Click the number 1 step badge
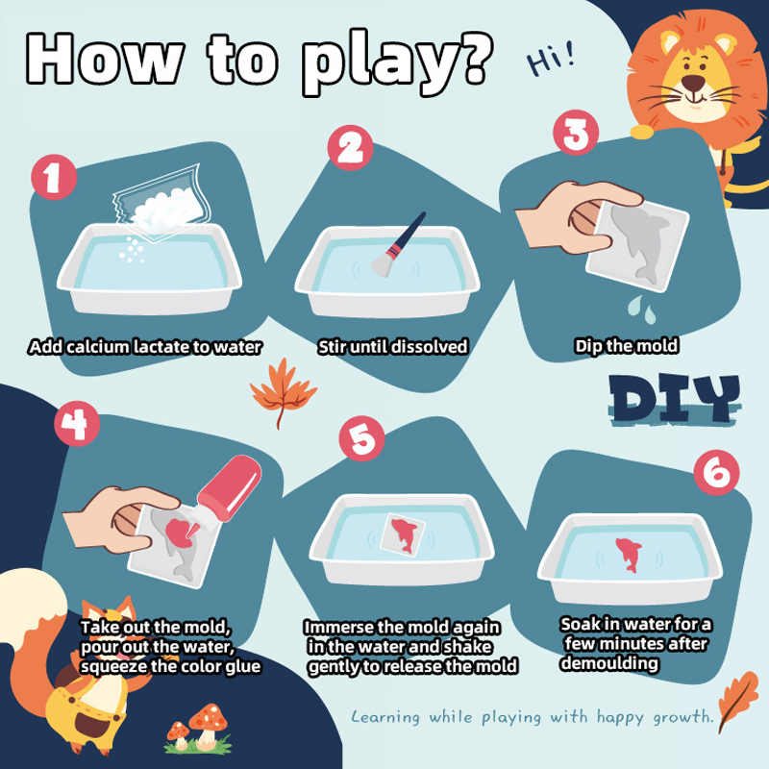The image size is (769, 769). coord(54,177)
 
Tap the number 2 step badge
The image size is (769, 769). coord(350,148)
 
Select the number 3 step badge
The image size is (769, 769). coord(576,133)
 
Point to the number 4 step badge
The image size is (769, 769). coord(77,423)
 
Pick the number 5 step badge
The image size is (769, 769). coord(362,438)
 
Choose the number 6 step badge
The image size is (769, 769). coord(716,472)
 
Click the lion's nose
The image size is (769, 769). coord(693,83)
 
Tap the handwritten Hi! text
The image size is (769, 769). coord(550,59)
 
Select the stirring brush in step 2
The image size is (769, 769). coord(398,245)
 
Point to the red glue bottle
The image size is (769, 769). coord(226,494)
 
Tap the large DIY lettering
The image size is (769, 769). coord(675,399)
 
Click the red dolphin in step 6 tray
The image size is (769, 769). coord(629,555)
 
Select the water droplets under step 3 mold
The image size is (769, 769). coord(641,310)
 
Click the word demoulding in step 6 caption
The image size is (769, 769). coord(609,663)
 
